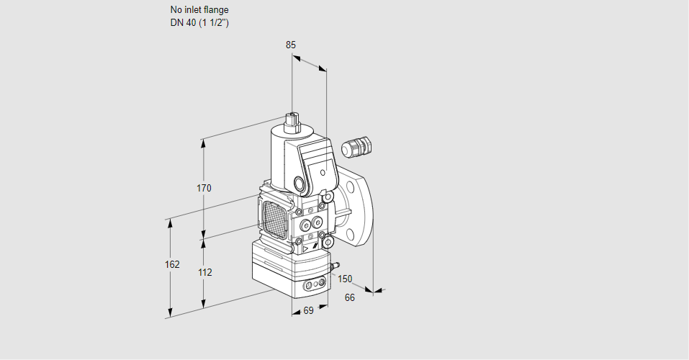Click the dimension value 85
(x=291, y=45)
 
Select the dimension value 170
(x=204, y=189)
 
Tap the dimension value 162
(x=171, y=264)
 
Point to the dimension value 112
(x=204, y=272)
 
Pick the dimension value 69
(x=308, y=310)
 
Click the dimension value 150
(x=346, y=279)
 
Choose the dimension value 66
(x=350, y=297)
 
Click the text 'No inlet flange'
(x=199, y=10)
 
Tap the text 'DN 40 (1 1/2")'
(x=199, y=22)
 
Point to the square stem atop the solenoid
(x=292, y=119)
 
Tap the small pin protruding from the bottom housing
(x=333, y=267)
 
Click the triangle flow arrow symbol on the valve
(x=306, y=247)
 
